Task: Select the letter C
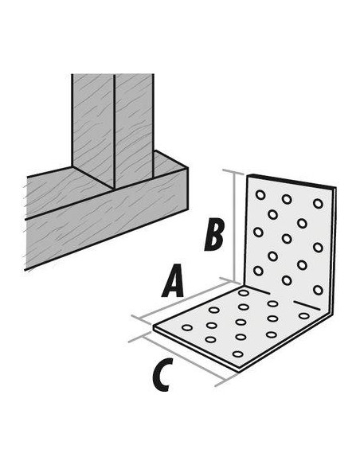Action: [161, 376]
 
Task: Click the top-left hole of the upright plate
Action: [260, 193]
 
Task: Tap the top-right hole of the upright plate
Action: [318, 203]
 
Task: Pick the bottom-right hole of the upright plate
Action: [317, 289]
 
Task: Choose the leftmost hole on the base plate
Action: [187, 327]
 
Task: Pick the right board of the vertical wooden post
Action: [134, 127]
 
